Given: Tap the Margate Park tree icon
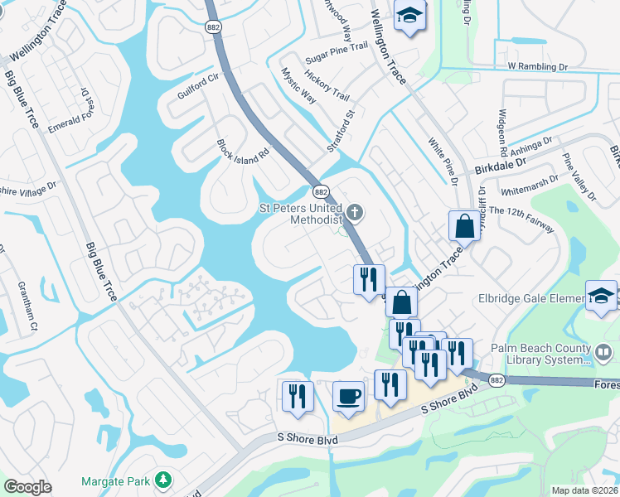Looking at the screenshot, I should [x=164, y=480].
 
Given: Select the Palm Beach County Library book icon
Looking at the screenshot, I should [x=605, y=354].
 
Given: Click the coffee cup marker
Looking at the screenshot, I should [x=348, y=396].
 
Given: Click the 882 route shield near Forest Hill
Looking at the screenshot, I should [x=496, y=380].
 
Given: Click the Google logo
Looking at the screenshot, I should [x=28, y=487].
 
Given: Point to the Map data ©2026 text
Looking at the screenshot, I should [x=584, y=490].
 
